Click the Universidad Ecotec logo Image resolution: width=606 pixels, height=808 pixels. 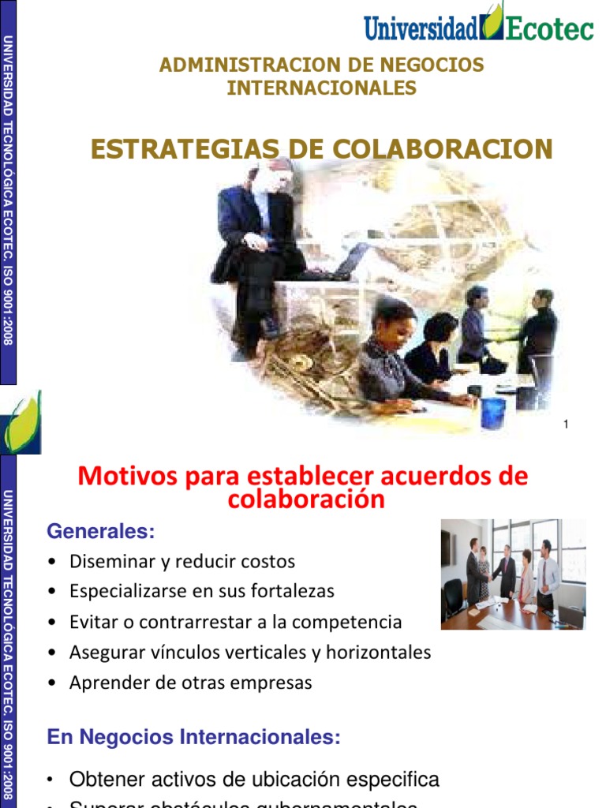478,24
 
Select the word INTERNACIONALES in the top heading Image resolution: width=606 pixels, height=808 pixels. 322,88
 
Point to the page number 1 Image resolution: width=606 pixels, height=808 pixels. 566,425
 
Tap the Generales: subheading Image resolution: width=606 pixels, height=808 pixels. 100,532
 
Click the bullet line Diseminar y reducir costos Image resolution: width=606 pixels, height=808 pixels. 181,562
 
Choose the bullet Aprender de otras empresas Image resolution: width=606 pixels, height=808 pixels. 190,683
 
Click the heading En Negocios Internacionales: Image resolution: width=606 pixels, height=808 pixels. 193,738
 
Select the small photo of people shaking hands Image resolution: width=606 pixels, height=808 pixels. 513,574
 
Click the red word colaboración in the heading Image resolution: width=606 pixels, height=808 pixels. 306,499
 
